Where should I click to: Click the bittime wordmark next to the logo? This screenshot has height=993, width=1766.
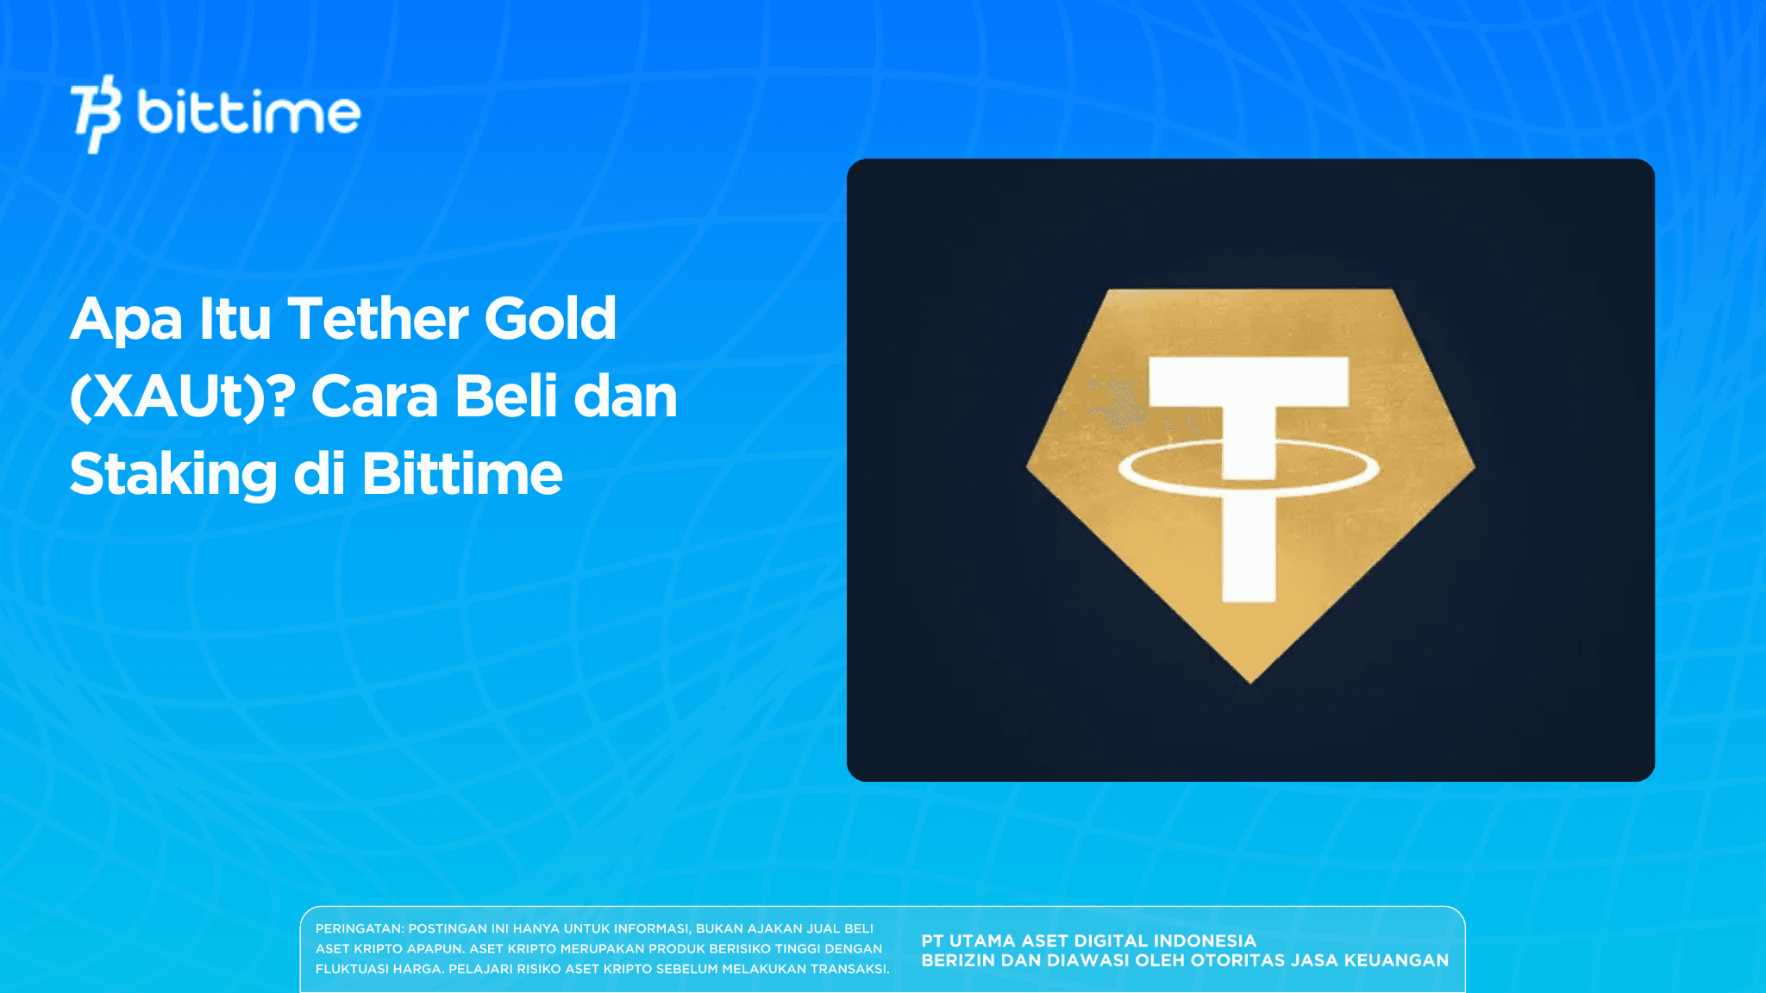click(248, 114)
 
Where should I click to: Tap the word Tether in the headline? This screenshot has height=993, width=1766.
click(378, 319)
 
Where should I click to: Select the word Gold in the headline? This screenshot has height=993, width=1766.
click(550, 319)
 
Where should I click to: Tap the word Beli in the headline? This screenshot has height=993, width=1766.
click(505, 397)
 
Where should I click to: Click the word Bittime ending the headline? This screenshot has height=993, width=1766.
click(462, 474)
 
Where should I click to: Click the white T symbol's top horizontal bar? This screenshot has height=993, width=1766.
click(1249, 382)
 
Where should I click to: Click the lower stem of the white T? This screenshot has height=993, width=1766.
click(1249, 552)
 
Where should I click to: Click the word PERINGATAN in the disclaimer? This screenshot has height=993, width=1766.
click(358, 928)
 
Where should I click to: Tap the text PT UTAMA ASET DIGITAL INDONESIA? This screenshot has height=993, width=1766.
click(1088, 940)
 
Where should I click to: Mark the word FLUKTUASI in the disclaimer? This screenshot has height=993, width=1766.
click(352, 969)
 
